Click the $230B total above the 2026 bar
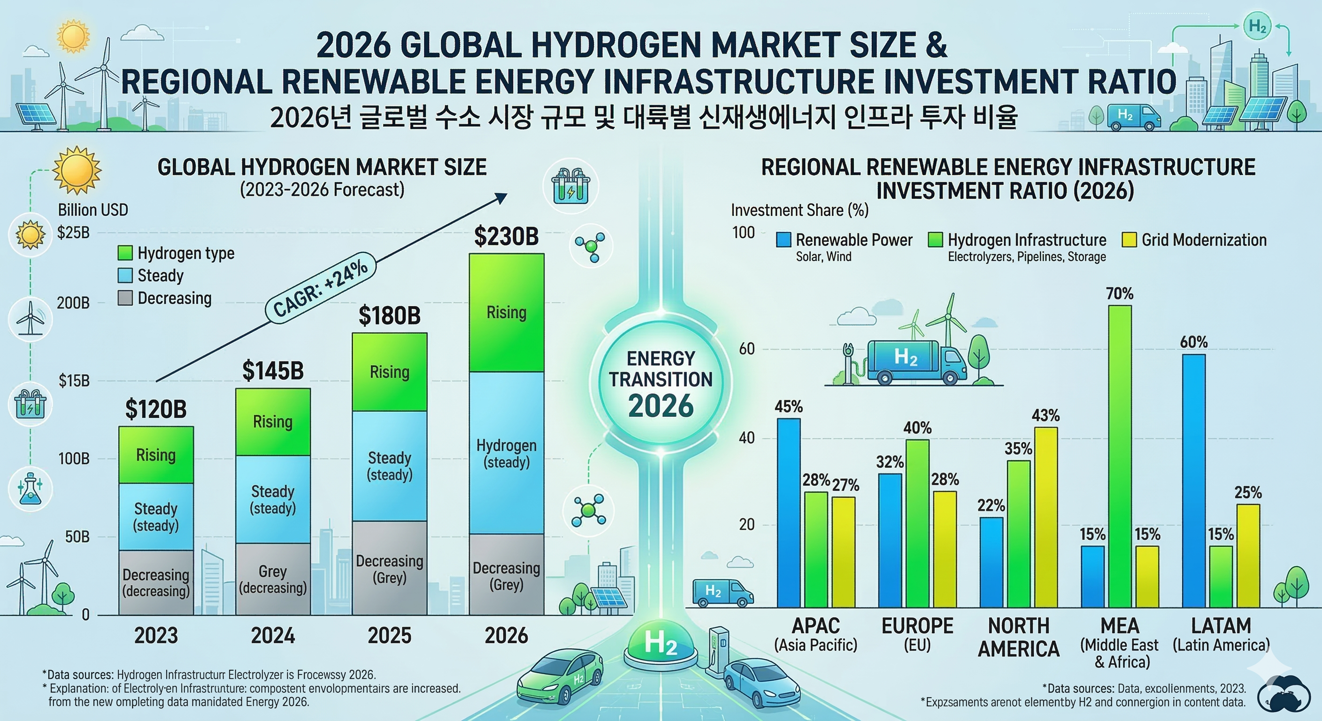tap(506, 237)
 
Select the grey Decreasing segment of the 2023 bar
tap(156, 583)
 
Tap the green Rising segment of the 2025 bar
tap(390, 372)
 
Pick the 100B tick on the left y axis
tap(74, 458)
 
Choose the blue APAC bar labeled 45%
tap(789, 513)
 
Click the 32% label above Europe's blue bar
tap(890, 462)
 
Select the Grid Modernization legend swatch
tap(1129, 240)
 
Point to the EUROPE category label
tap(917, 626)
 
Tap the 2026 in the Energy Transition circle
tap(661, 406)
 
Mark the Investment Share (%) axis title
tap(799, 210)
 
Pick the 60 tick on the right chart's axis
tap(747, 349)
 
